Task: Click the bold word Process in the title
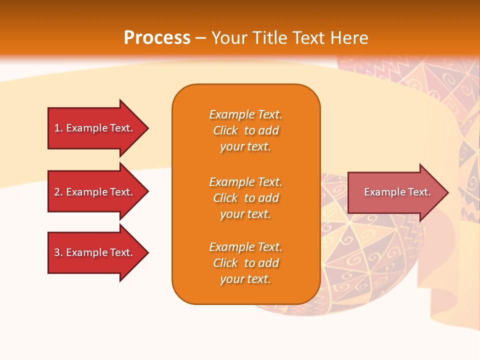point(157,38)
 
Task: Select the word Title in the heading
point(269,38)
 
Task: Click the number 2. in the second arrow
point(58,192)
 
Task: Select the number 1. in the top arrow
point(58,128)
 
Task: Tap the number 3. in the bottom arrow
point(58,252)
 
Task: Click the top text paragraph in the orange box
point(245,130)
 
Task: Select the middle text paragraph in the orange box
point(245,198)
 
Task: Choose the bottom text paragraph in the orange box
point(245,263)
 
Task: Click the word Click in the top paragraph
point(225,130)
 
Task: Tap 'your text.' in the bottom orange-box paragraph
point(245,279)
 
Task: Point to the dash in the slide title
point(200,38)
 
